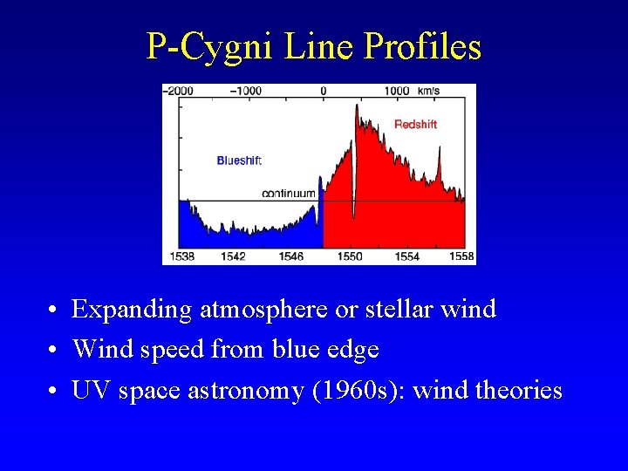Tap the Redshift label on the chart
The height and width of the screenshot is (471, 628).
click(x=415, y=125)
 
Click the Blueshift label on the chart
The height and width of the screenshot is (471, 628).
click(x=239, y=160)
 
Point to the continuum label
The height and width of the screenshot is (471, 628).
click(x=289, y=194)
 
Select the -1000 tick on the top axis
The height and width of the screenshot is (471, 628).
click(x=245, y=91)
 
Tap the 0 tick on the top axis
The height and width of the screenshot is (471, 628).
click(x=324, y=91)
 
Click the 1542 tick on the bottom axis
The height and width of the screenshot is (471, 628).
click(x=233, y=256)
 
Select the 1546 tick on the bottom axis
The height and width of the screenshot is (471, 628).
click(x=291, y=256)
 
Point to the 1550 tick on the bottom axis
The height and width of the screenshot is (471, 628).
click(x=349, y=256)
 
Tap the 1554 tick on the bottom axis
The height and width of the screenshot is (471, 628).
click(x=406, y=256)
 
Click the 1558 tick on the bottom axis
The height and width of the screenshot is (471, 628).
click(x=461, y=256)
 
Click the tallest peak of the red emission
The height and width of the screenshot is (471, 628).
click(x=356, y=106)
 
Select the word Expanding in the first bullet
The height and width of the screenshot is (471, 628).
click(x=132, y=310)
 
